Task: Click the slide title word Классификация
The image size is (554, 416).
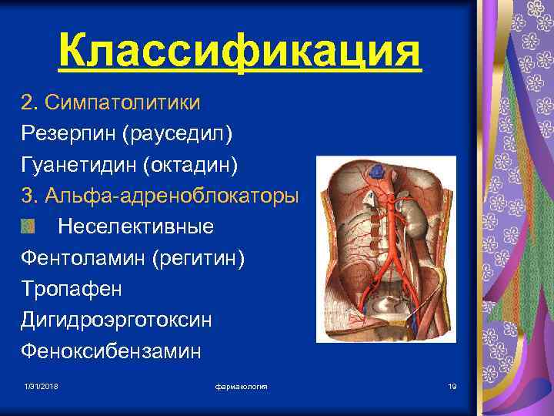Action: coord(239,52)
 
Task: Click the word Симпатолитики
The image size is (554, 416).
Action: coord(123,102)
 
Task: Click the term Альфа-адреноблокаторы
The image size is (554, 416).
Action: coord(172,196)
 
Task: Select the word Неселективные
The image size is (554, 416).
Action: coord(136,227)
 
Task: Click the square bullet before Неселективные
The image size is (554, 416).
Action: coord(28,226)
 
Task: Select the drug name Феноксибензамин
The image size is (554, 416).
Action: coord(111,351)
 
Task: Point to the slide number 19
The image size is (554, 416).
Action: coord(452,384)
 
